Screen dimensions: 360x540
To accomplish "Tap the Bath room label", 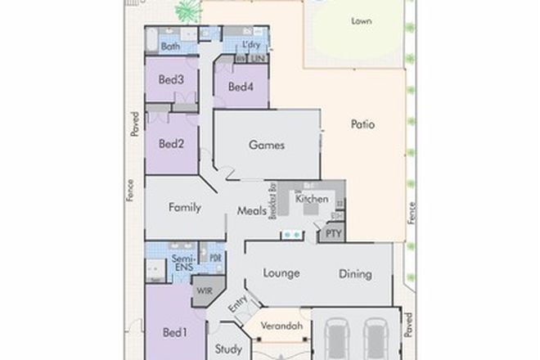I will tap(170, 47).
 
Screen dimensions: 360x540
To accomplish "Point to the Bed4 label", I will tap(241, 87).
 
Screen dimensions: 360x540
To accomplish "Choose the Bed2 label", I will tap(171, 144).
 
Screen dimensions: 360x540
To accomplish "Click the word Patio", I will tap(362, 125).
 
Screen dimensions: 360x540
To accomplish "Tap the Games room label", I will tap(267, 146).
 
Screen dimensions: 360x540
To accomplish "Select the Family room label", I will tap(185, 207).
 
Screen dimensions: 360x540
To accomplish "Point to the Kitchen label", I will tap(312, 199).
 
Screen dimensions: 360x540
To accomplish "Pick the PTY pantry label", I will tap(334, 233).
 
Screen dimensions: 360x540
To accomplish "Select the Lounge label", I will tap(281, 273).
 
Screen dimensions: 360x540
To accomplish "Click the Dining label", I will tap(355, 274).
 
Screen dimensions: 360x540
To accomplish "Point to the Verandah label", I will tap(281, 326).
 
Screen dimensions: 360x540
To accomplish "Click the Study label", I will tap(227, 348).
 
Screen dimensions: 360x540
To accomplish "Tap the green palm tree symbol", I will tap(187, 11).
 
